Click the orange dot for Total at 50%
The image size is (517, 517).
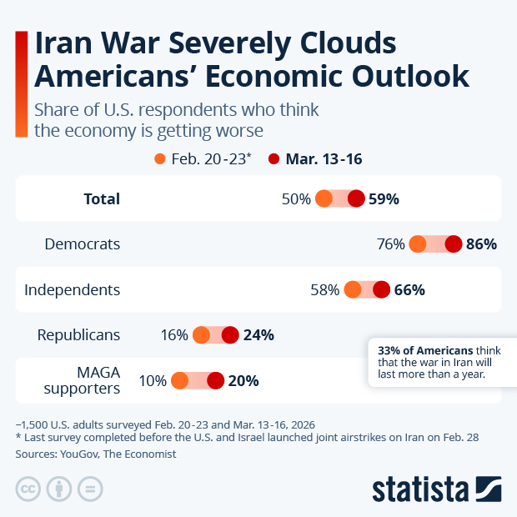(324, 199)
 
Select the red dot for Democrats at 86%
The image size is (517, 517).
(454, 244)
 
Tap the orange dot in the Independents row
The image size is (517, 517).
(353, 289)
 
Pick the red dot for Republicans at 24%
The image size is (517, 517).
(230, 335)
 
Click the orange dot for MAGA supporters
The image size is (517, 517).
(179, 381)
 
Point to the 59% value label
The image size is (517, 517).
(385, 199)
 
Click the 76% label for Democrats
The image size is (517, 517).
(391, 244)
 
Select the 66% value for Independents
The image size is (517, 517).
(410, 290)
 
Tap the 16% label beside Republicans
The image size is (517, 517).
(174, 335)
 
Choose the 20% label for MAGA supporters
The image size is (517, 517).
(243, 381)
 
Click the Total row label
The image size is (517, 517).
(102, 199)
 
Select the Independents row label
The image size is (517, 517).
(73, 290)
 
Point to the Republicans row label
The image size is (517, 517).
(79, 335)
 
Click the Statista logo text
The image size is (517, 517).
(421, 488)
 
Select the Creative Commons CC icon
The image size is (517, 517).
(28, 489)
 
